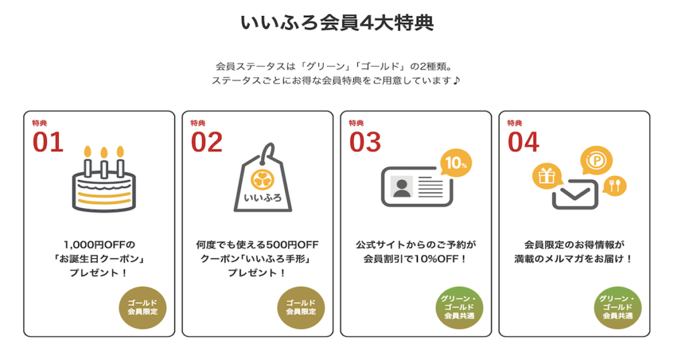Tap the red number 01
tap(47, 143)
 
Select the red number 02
tap(206, 143)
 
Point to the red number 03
tap(365, 143)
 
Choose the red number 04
tap(523, 143)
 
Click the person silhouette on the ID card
tap(402, 187)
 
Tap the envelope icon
tap(573, 193)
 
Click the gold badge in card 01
tap(142, 307)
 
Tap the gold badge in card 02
tap(300, 307)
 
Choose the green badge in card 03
tap(459, 307)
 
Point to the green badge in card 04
tap(617, 307)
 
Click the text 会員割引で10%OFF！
tap(417, 258)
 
